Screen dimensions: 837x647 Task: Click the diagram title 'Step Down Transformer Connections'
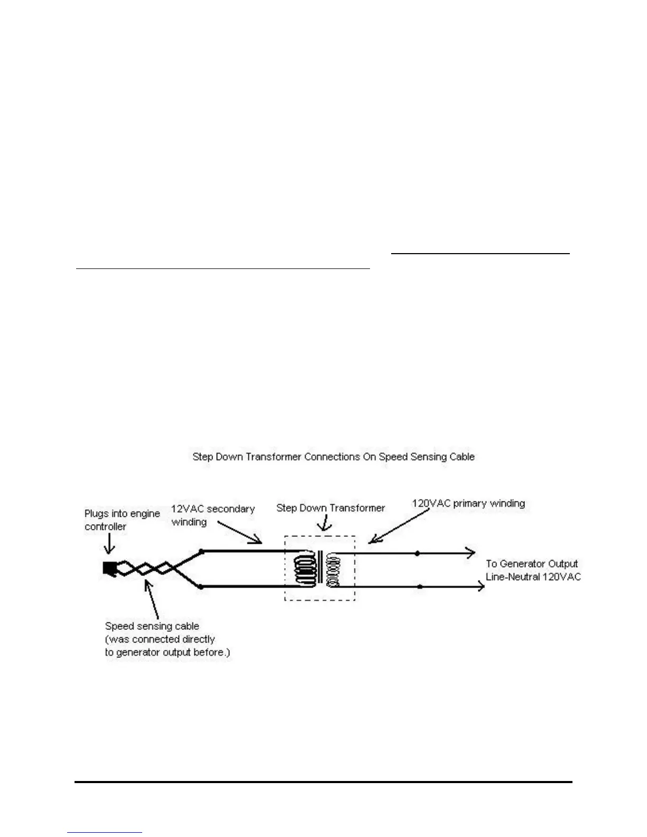tap(333, 457)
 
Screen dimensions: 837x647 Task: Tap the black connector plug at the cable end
tap(109, 569)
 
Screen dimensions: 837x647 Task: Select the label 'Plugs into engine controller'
tap(122, 520)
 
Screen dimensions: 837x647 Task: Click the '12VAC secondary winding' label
tap(212, 515)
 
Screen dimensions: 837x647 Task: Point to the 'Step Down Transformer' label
tap(330, 508)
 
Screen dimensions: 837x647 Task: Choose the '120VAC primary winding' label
tap(468, 504)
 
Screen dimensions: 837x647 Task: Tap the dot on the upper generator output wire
tap(417, 553)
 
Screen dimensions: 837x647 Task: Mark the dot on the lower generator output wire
tap(420, 587)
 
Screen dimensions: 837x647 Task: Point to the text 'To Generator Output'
tap(532, 564)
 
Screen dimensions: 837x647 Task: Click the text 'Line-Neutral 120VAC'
tap(533, 576)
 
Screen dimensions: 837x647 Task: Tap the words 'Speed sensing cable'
tap(152, 626)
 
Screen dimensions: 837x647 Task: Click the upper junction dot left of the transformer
tap(201, 551)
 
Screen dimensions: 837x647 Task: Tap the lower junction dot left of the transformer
tap(201, 587)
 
